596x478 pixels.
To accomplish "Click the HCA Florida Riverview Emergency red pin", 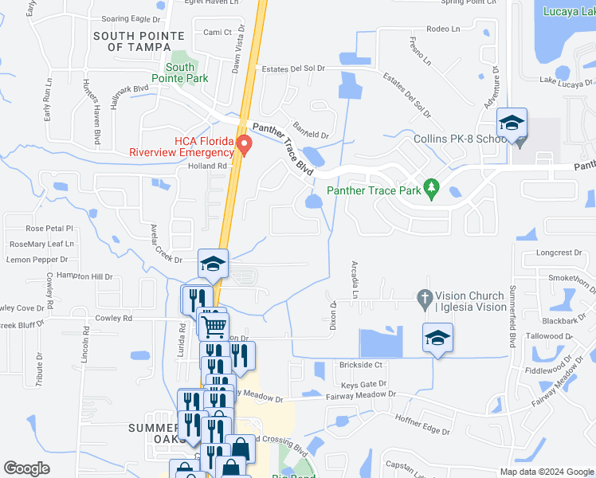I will click(x=245, y=144).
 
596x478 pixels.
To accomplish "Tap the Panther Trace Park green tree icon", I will click(x=431, y=188).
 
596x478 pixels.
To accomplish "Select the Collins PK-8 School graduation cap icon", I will click(x=512, y=123).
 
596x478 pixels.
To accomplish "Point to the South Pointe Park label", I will click(x=186, y=72).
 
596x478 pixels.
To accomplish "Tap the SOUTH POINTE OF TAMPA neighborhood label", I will click(x=139, y=41).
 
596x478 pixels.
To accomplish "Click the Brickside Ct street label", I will click(x=361, y=364).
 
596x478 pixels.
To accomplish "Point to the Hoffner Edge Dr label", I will click(x=422, y=426).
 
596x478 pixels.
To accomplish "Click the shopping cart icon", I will click(x=214, y=326).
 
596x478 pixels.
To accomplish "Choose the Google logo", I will click(x=27, y=468).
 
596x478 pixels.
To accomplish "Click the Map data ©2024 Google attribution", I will click(x=546, y=472).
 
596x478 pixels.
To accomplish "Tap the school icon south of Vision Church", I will click(x=437, y=338).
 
